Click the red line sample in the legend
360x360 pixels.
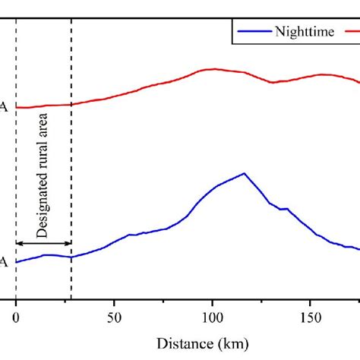353,33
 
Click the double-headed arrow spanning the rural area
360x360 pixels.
43,243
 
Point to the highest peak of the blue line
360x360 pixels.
244,173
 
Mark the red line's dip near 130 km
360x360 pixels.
272,82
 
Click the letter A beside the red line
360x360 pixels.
4,108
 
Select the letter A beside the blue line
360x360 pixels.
4,263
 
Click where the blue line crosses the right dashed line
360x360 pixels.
71,257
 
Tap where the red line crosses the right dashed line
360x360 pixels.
71,105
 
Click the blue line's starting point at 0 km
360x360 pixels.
16,262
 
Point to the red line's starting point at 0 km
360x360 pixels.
16,108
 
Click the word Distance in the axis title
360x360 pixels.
180,343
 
